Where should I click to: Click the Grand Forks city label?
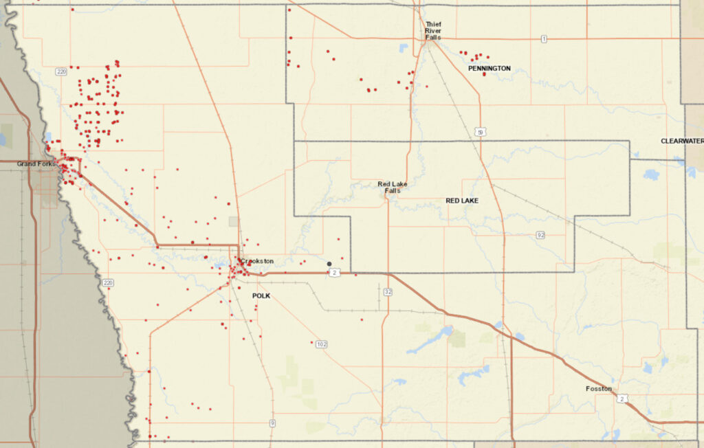pos(36,164)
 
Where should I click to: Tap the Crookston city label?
pos(259,261)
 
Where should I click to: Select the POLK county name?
pos(261,295)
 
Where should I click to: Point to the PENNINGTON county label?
pos(489,69)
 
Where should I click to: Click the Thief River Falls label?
pos(432,31)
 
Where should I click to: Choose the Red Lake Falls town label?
pos(393,187)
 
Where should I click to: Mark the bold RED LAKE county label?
pos(462,201)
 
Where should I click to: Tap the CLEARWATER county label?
pos(682,141)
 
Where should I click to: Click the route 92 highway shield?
pos(540,235)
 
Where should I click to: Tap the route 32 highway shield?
pos(388,292)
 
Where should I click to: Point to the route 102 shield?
pos(321,344)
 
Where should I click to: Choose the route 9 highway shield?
pos(273,423)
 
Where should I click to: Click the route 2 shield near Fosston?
pos(621,398)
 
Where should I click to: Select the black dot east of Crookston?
pos(329,264)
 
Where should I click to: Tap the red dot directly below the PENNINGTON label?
pos(484,74)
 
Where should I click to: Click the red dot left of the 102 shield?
pos(310,341)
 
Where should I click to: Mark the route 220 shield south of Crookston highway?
pos(108,282)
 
